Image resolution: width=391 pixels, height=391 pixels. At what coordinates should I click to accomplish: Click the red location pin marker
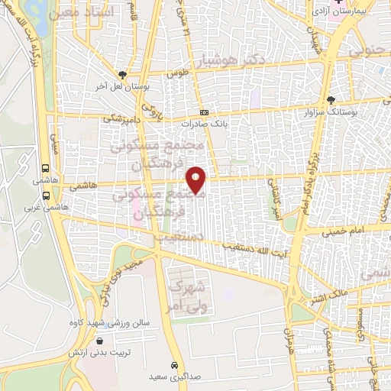click(x=196, y=178)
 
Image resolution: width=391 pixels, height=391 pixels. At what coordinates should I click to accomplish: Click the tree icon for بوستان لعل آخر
click(x=122, y=75)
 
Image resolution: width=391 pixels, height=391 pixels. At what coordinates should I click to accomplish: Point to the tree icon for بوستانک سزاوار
click(x=330, y=99)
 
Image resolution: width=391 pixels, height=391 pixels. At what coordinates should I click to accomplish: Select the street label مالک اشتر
click(x=333, y=292)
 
